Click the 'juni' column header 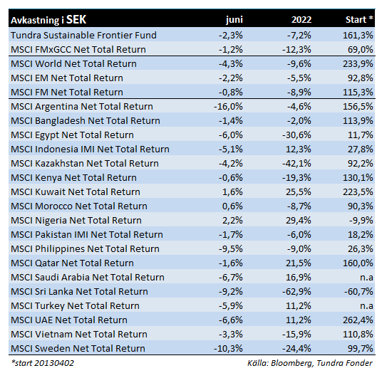tap(234, 20)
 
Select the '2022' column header tap(301, 19)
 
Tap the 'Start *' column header tap(359, 19)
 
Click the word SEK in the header tap(76, 19)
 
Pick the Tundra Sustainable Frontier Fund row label tap(83, 36)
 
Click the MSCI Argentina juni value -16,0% tap(228, 107)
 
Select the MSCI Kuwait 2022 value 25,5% tap(299, 192)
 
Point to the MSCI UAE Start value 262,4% tap(358, 320)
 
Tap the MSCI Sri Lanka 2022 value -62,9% tap(296, 292)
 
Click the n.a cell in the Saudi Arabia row tap(366, 278)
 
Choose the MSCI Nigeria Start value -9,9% tap(361, 221)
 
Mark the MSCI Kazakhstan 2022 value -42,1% tap(296, 164)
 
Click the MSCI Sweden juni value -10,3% tap(228, 349)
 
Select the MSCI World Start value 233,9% tap(358, 64)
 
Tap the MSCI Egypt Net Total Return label tap(72, 135)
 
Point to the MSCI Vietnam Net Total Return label tap(79, 335)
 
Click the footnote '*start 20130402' tap(42, 363)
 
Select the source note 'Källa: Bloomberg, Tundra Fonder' tap(310, 363)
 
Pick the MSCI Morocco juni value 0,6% tap(232, 206)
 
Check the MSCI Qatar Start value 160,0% tap(358, 263)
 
